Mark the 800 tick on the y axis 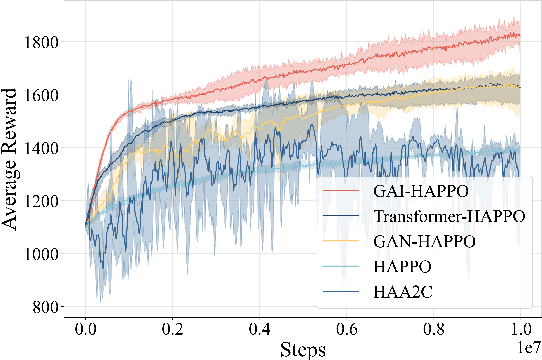click(x=52, y=307)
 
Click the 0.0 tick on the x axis click(x=86, y=328)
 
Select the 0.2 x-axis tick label click(x=173, y=328)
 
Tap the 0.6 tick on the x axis click(x=346, y=328)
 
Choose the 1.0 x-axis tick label click(x=519, y=328)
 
